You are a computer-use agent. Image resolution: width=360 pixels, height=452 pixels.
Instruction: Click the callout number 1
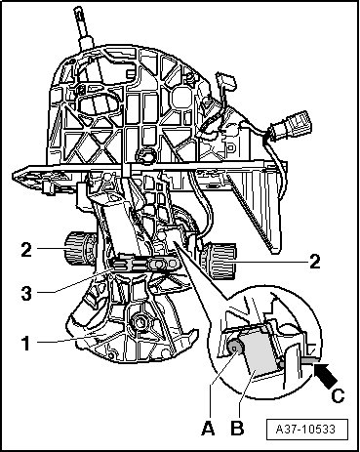pos(25,344)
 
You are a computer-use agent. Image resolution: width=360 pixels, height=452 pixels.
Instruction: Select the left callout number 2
pos(26,250)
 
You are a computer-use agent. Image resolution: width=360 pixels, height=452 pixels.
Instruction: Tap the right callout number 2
pos(314,262)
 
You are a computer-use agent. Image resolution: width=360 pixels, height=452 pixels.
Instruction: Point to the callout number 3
pos(26,293)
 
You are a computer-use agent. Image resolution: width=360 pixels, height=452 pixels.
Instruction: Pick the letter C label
pos(338,395)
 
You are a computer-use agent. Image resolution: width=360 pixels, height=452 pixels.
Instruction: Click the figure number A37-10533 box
pos(306,430)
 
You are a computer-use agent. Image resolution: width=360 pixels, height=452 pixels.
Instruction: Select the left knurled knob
pos(80,249)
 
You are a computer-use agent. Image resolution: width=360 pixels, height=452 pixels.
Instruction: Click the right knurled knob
pos(219,261)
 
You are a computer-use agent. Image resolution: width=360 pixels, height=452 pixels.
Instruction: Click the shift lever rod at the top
pos(83,26)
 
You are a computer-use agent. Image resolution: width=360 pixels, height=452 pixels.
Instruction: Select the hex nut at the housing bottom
pos(140,322)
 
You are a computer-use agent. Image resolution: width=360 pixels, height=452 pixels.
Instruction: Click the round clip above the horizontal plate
pos(145,155)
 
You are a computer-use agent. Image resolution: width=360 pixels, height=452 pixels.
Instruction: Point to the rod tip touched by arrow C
pos(309,359)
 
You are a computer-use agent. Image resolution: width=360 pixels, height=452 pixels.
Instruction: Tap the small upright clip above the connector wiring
pos(225,80)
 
